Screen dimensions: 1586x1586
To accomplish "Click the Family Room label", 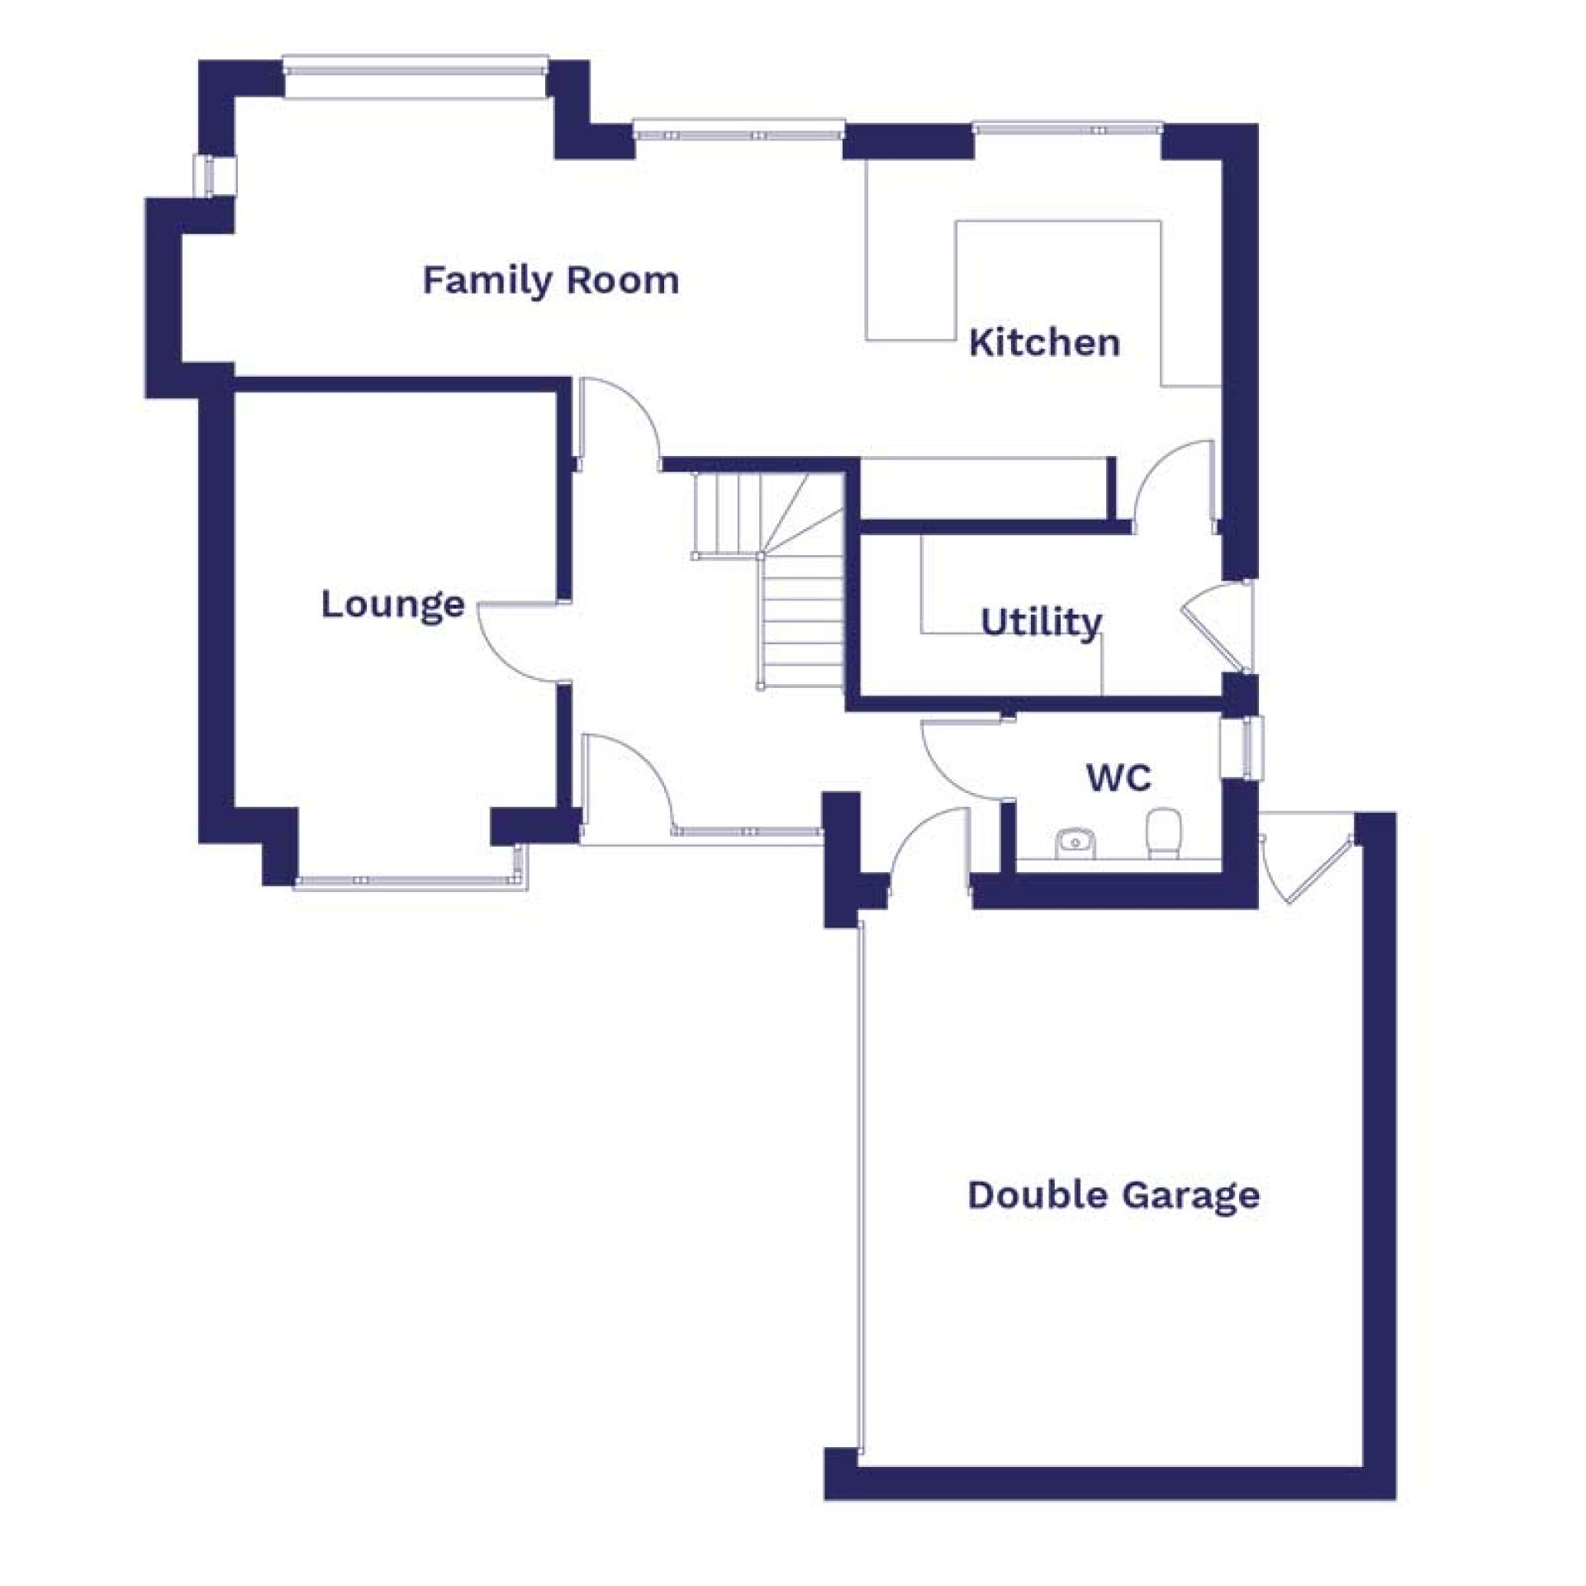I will click(551, 281).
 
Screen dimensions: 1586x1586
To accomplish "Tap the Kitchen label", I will click(1044, 342).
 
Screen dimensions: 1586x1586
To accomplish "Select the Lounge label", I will click(392, 605).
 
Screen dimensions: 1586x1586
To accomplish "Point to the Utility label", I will click(1041, 622).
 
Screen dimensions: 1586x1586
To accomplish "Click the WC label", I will click(1118, 777).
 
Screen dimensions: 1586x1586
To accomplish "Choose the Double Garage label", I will click(1114, 1194).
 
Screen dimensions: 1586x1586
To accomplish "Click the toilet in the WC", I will click(1163, 832).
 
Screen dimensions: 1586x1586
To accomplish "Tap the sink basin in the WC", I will click(1076, 843).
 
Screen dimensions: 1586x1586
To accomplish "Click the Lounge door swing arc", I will click(512, 644).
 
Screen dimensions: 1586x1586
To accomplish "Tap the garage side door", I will click(1309, 863).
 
